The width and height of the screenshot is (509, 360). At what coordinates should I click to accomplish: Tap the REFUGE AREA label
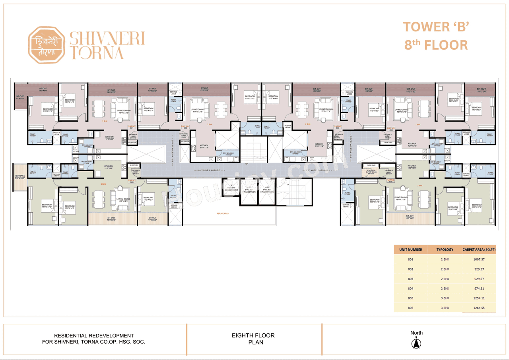pos(222,213)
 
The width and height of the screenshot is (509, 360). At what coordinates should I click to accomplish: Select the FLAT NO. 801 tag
pos(132,127)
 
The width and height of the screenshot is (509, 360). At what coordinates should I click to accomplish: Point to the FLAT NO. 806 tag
pos(132,181)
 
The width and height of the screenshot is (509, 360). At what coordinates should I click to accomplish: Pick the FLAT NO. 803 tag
pos(337,127)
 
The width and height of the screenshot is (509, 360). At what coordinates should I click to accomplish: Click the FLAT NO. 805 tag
pos(391,181)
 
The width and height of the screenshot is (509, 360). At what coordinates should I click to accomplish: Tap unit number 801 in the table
pos(411,259)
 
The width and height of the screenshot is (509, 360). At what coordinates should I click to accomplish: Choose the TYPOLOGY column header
pos(445,250)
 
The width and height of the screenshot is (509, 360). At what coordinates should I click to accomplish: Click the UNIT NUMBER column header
pos(411,250)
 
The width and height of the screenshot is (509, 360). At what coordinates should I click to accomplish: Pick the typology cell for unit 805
pos(445,298)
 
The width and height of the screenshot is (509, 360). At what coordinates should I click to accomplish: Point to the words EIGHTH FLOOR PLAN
pos(253,339)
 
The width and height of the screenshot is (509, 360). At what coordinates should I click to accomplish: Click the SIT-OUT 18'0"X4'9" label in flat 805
pos(410,217)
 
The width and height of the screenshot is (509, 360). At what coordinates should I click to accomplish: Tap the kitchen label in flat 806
pos(108,167)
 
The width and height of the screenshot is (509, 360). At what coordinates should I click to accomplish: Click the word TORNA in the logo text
pos(97,52)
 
